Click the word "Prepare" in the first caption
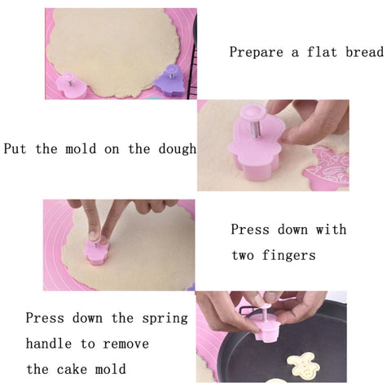[256, 52]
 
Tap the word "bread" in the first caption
[365, 51]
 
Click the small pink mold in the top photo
[71, 85]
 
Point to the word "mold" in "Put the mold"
[81, 148]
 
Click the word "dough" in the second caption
[178, 149]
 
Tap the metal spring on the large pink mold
[255, 129]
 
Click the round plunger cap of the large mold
[253, 112]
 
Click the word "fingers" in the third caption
[289, 256]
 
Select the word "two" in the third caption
[243, 256]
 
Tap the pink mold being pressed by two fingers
[97, 251]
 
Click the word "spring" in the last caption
[165, 319]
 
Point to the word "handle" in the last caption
[49, 344]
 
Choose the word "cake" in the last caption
[72, 369]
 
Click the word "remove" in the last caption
[126, 344]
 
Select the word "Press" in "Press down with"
[250, 230]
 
